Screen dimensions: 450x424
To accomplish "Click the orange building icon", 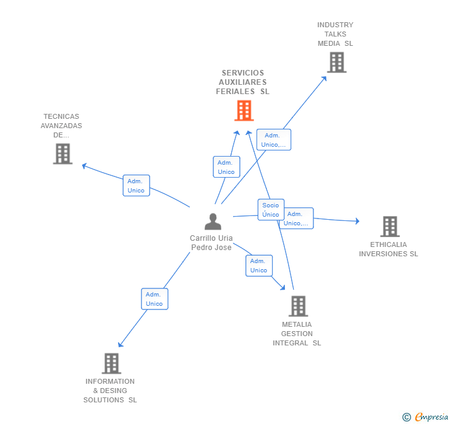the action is [x=244, y=111].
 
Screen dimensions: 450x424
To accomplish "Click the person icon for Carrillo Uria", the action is [x=213, y=221].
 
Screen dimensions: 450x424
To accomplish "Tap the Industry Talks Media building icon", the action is [x=336, y=63].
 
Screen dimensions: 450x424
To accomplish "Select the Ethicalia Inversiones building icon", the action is [x=389, y=227].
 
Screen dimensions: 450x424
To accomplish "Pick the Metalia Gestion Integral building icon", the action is [x=298, y=306].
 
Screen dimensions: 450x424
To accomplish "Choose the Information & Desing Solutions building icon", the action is [x=111, y=363].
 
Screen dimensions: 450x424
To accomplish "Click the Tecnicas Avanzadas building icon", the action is [x=62, y=154].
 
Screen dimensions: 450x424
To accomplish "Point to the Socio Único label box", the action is [x=271, y=210].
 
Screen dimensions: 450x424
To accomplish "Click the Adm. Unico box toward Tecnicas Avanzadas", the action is [x=136, y=186].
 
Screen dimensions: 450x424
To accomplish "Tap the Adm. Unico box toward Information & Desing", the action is [x=154, y=299].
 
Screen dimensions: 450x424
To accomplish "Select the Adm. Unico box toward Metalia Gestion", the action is [x=258, y=266].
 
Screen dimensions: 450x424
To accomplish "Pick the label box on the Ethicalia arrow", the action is [x=297, y=218].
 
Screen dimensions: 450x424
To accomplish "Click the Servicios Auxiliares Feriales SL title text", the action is [x=242, y=82].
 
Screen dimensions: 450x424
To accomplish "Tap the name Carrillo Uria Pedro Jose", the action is [x=211, y=243].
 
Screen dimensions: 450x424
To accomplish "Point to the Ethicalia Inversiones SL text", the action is [x=388, y=249].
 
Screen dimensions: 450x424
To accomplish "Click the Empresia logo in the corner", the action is [x=431, y=417].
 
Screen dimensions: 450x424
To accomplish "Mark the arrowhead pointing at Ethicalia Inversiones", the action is [x=357, y=221].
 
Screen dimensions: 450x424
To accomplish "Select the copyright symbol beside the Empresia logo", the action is [x=407, y=417].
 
